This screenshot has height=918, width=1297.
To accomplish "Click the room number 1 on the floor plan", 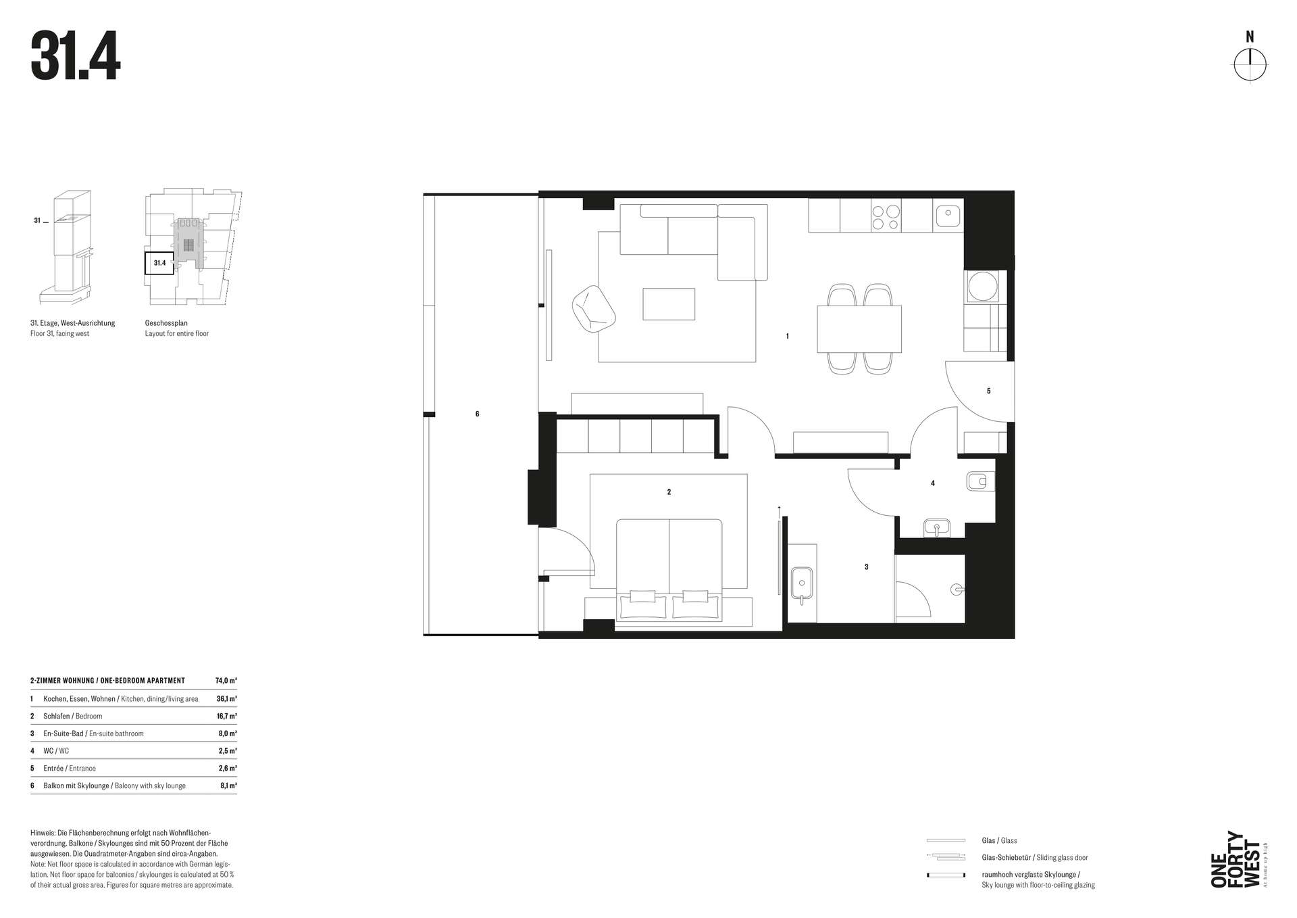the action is click(787, 336).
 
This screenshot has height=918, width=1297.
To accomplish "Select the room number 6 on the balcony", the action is click(477, 414).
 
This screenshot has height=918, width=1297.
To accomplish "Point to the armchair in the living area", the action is click(594, 309).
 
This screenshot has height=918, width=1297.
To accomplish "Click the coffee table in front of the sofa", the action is click(669, 304).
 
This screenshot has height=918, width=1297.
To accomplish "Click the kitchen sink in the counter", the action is click(948, 216).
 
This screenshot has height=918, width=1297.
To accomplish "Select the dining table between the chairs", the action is click(859, 329).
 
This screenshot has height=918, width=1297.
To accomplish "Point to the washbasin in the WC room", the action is click(937, 528).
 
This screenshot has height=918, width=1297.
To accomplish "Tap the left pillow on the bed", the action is click(643, 596).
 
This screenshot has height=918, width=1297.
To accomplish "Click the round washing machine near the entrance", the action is click(982, 287).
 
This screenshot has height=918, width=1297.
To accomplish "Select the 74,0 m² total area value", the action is click(226, 681).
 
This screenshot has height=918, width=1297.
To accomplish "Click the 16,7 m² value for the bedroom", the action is click(227, 716).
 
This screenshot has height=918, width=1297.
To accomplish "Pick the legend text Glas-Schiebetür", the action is click(1007, 858).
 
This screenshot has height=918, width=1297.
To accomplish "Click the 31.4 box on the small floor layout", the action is click(159, 263).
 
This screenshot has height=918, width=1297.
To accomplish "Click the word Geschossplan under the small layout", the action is click(166, 323).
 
